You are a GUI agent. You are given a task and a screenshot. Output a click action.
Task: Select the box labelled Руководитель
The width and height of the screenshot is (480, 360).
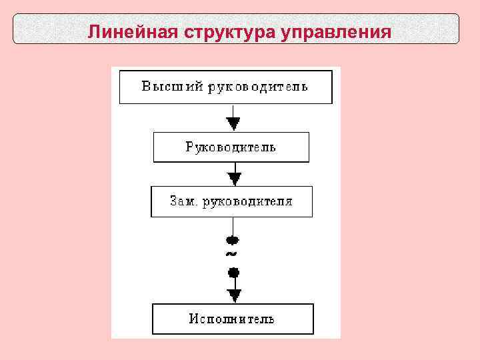point(231,147)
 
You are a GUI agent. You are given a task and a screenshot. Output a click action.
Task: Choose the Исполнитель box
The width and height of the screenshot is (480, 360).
point(233,319)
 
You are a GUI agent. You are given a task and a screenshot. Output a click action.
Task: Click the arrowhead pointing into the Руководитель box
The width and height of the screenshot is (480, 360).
point(233,124)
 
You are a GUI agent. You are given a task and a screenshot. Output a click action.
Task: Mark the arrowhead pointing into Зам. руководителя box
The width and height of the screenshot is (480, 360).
point(234,179)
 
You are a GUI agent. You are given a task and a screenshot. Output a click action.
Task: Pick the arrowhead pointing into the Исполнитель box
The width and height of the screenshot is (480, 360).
point(234,295)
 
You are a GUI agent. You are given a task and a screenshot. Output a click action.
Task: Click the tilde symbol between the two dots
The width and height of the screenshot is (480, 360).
point(231,255)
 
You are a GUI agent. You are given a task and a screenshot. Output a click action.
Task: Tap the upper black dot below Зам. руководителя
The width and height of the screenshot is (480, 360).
point(233,240)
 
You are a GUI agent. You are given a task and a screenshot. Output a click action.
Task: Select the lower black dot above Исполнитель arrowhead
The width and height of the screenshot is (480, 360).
point(233,272)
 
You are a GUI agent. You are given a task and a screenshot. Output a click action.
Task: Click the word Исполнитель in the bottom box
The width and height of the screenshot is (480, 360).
point(231,319)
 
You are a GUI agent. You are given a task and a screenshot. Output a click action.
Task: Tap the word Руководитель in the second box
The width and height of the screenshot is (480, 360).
point(231,147)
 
